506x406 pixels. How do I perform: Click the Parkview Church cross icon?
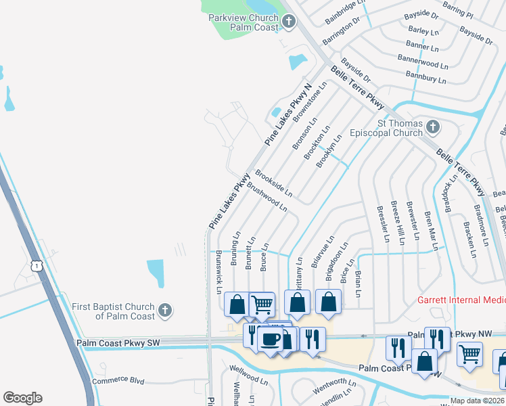pos(289,22)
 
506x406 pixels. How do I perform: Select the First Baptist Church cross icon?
pos(164,311)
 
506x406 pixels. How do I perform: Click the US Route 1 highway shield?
pos(37,266)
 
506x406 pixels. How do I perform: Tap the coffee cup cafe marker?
pos(271,339)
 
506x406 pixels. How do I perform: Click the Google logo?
pos(22,398)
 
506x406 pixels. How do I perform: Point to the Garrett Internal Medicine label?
pos(461,300)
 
